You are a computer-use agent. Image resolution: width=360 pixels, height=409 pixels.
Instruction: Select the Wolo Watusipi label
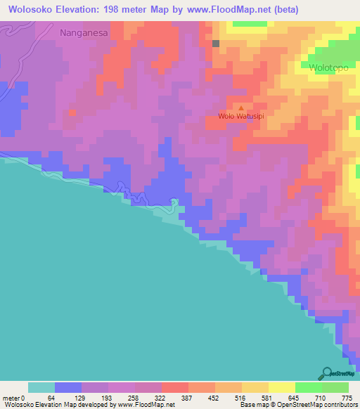click(240, 117)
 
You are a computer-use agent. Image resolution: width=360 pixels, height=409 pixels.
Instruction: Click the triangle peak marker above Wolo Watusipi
click(241, 108)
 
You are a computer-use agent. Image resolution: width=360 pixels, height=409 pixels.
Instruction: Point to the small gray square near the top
click(216, 44)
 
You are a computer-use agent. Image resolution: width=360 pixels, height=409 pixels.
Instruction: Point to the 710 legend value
click(321, 398)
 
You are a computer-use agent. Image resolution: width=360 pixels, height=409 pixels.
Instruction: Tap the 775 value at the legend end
click(346, 398)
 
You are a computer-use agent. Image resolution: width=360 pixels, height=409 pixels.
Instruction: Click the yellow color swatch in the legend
click(281, 387)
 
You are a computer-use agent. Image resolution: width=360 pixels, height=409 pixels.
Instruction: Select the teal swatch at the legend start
click(41, 387)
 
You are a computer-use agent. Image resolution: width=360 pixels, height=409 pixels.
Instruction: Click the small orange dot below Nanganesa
click(72, 112)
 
